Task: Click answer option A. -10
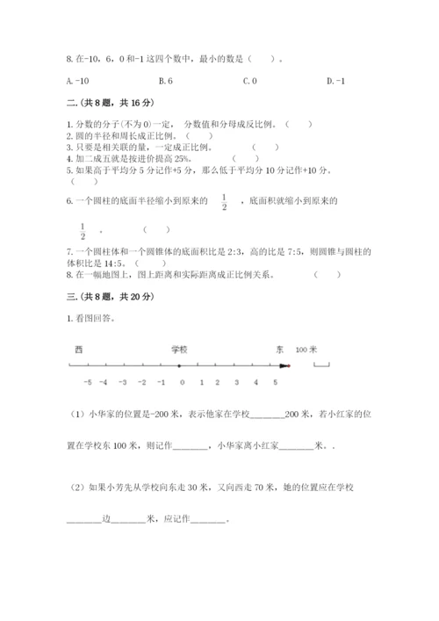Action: pos(78,82)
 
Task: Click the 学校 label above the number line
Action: pos(180,349)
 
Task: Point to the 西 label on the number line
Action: pos(78,349)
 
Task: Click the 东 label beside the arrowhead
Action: pos(279,349)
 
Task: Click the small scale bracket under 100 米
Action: pos(320,365)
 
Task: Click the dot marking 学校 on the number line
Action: pos(180,365)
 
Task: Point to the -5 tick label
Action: pos(87,382)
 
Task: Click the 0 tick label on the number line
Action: pos(182,382)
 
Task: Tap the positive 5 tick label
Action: pos(275,382)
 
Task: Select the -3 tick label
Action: pos(124,382)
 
